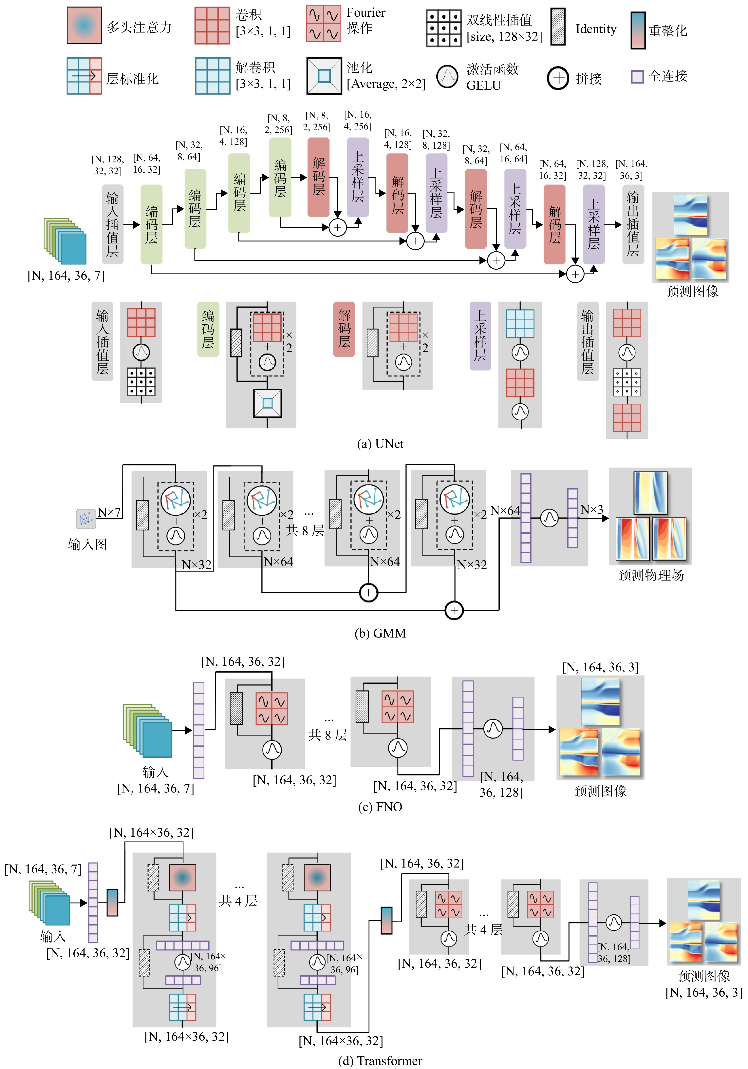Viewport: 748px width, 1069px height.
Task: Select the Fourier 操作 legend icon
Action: (323, 23)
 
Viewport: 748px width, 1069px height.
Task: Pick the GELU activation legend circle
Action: (447, 76)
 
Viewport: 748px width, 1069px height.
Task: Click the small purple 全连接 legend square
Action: (637, 76)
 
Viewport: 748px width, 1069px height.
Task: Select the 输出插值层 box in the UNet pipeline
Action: (633, 224)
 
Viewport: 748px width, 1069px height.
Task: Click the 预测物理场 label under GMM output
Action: (651, 575)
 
